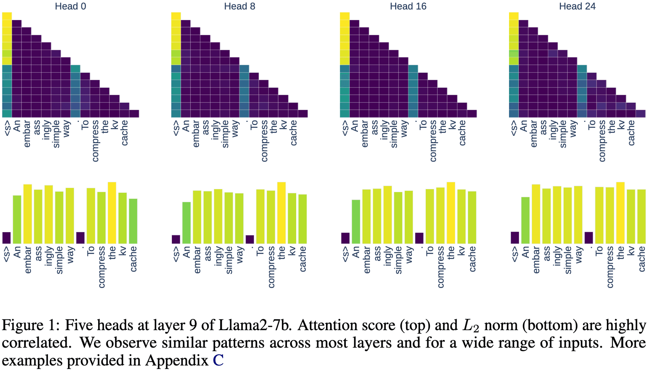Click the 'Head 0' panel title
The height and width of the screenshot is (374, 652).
pyautogui.click(x=70, y=6)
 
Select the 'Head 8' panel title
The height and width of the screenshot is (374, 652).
pyautogui.click(x=239, y=6)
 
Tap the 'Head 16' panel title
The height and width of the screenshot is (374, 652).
pyautogui.click(x=408, y=6)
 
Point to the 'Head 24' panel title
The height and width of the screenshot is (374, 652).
pyautogui.click(x=577, y=6)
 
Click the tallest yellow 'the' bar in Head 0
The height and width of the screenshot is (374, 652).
pyautogui.click(x=112, y=213)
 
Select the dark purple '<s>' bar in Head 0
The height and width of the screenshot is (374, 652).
pyautogui.click(x=6, y=238)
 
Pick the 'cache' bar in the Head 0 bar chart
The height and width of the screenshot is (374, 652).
pyautogui.click(x=133, y=221)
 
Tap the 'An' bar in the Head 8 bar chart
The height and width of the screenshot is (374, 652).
pyautogui.click(x=186, y=223)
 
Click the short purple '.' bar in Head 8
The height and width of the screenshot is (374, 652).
pyautogui.click(x=250, y=239)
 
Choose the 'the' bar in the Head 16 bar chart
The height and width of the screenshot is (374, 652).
pyautogui.click(x=451, y=213)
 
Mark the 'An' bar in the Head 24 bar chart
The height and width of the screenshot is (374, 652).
pyautogui.click(x=525, y=220)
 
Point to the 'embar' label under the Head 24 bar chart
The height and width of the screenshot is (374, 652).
pyautogui.click(x=536, y=260)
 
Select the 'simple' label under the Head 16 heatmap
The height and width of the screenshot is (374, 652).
pyautogui.click(x=394, y=134)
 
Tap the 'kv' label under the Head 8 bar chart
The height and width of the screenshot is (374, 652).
pyautogui.click(x=292, y=251)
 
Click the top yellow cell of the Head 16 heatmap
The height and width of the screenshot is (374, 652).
pyautogui.click(x=345, y=16)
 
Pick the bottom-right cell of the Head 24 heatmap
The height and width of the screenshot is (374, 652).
pyautogui.click(x=640, y=114)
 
